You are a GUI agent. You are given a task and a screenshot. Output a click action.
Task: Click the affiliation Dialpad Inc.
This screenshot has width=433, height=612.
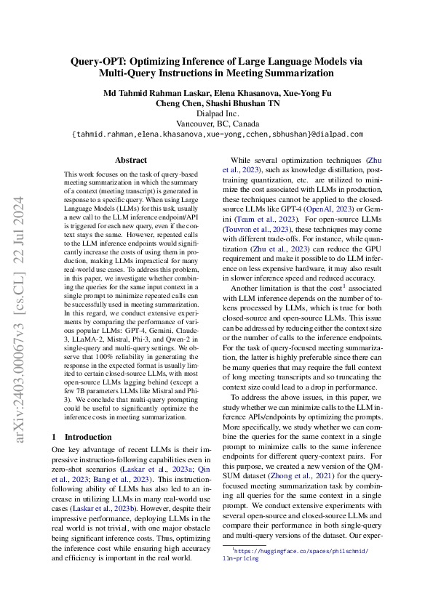pyautogui.click(x=216, y=113)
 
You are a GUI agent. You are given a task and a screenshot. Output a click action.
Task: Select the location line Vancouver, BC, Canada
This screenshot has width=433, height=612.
pyautogui.click(x=216, y=124)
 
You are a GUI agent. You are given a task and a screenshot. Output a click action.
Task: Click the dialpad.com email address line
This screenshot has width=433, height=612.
pyautogui.click(x=216, y=134)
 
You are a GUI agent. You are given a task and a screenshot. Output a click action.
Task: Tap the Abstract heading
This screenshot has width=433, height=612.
pyautogui.click(x=130, y=160)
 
